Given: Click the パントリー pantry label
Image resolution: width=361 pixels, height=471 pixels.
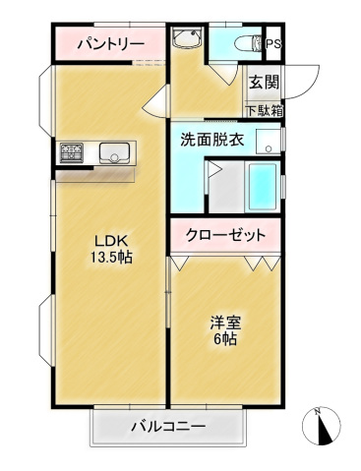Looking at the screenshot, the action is [111, 43].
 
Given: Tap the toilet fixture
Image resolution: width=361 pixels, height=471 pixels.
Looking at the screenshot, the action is [248, 43].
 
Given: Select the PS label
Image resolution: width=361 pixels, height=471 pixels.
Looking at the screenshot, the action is [273, 44].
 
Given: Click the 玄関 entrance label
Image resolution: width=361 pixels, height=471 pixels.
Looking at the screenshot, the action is [264, 82].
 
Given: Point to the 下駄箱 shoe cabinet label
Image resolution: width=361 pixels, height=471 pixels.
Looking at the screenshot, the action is [265, 111].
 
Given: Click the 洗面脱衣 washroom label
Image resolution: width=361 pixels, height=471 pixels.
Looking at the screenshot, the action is [212, 140].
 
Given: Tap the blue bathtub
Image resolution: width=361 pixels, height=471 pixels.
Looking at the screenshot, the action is [263, 187].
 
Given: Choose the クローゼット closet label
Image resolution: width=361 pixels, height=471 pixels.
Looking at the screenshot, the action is [225, 235].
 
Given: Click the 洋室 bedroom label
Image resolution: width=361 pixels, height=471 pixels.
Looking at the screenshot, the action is [225, 323].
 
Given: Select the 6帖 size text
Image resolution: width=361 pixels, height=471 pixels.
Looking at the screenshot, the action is [225, 339].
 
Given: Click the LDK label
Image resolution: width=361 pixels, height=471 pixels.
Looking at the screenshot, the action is [111, 241].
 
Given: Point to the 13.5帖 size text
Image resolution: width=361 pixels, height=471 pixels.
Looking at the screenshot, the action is [111, 258].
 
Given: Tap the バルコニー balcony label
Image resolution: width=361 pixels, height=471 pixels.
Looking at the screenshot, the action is [168, 427].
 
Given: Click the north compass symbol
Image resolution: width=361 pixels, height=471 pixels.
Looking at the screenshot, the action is [321, 426].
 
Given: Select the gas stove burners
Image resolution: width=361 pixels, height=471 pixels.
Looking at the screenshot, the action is [72, 152].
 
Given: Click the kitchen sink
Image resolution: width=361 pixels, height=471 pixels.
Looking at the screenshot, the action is [114, 152].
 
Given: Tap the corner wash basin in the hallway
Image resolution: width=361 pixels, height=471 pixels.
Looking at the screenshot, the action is [186, 37].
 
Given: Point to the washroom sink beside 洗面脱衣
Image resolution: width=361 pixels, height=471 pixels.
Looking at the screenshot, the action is [269, 142].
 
